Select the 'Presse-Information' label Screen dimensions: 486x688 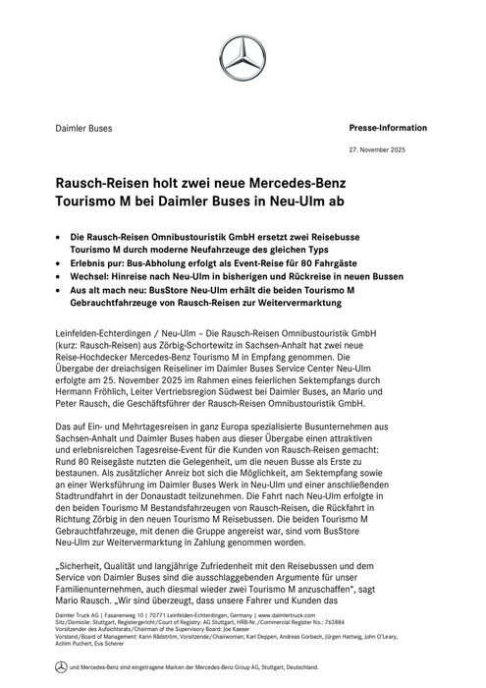pos(388,128)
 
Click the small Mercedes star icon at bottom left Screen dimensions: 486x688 pos(61,677)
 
